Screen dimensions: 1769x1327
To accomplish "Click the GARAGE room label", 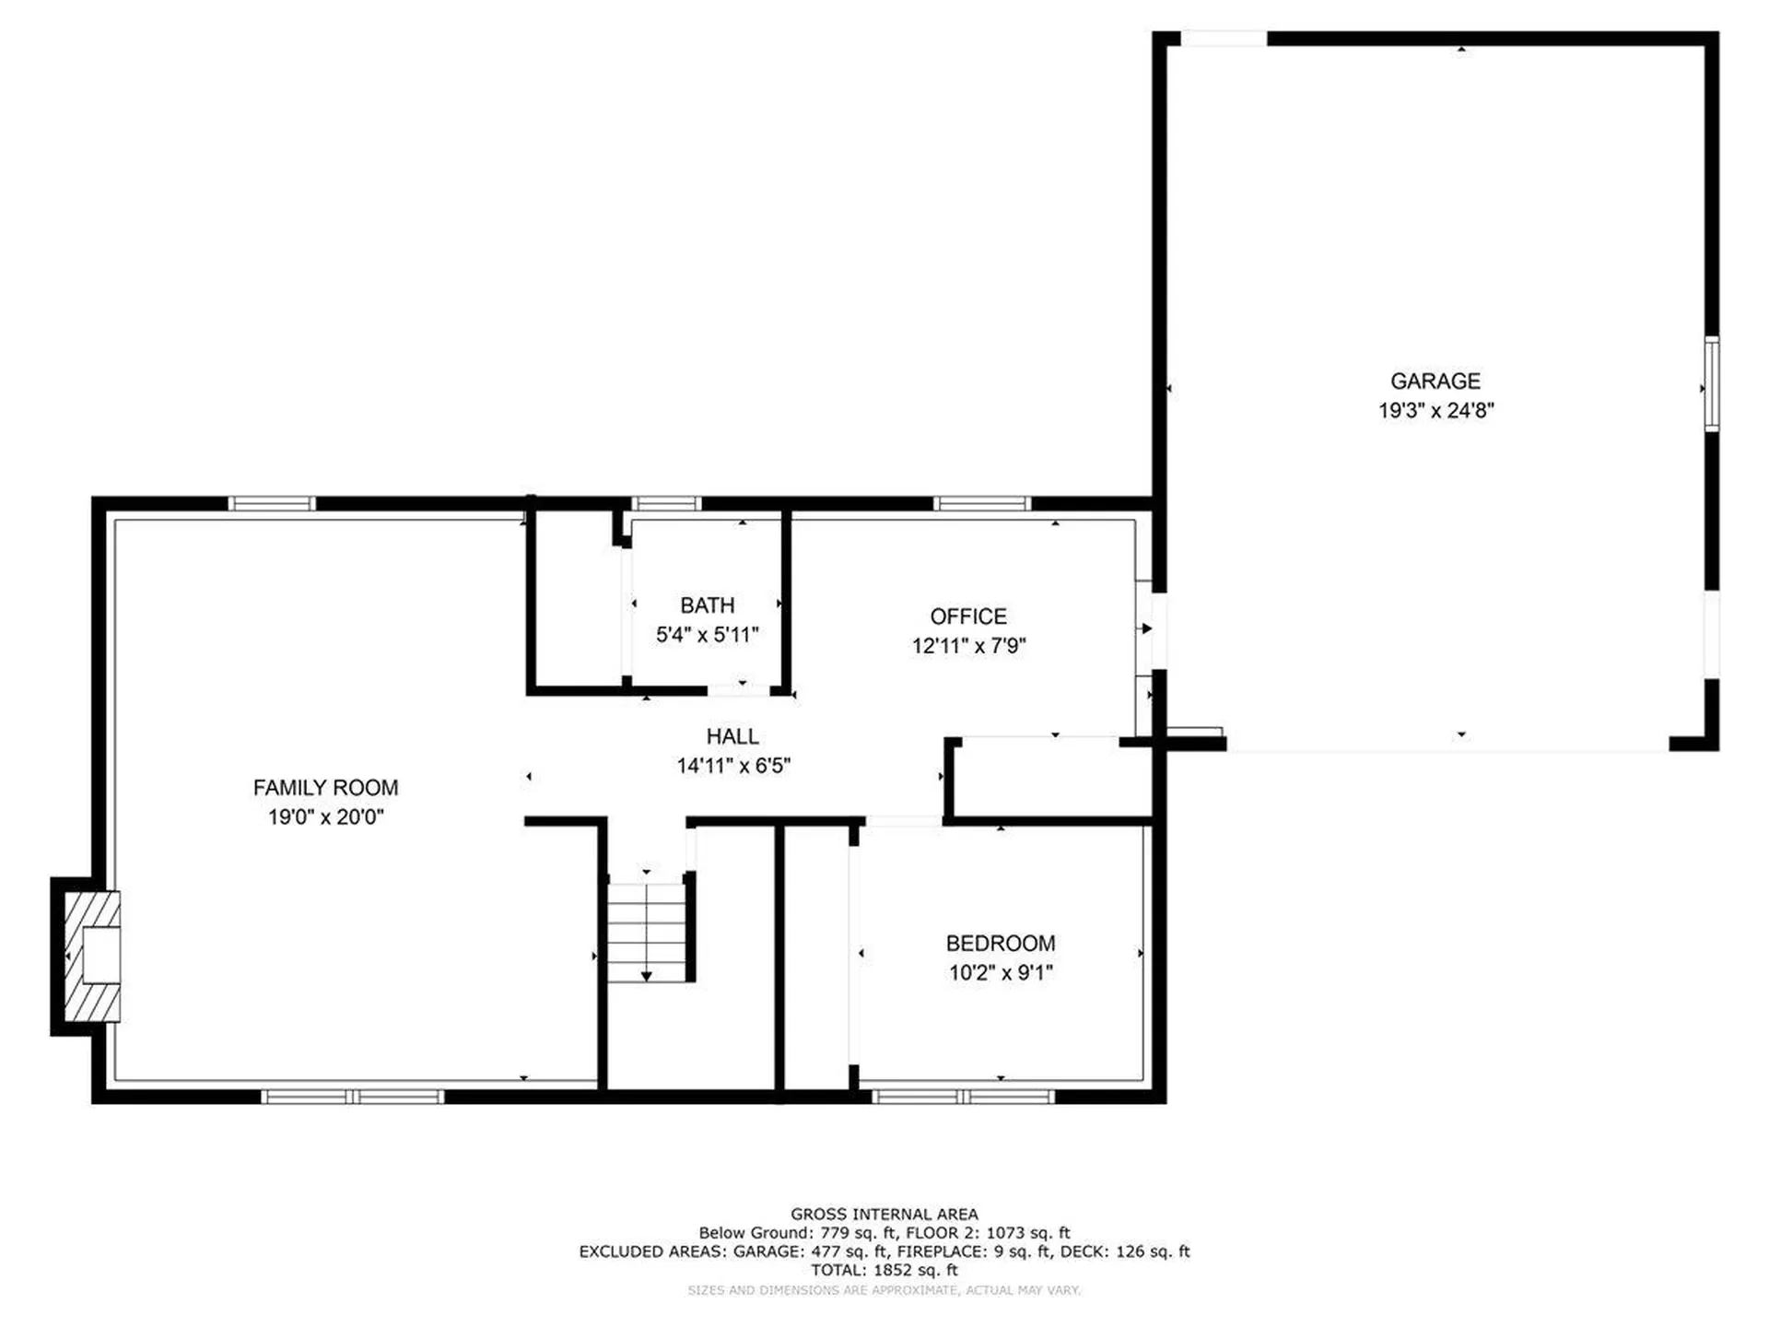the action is click(1435, 381).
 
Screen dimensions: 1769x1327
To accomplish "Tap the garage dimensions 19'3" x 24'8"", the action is click(1435, 410).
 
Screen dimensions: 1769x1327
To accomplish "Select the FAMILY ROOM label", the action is click(326, 788).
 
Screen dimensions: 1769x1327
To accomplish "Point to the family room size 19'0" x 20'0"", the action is click(326, 816).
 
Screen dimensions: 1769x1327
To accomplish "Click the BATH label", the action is click(708, 605).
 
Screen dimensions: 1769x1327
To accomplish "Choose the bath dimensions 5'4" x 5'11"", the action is click(708, 634).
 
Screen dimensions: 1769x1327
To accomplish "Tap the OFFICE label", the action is click(968, 617).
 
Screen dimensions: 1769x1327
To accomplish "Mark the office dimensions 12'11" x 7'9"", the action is click(968, 645).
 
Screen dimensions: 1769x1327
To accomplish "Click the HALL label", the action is click(732, 736).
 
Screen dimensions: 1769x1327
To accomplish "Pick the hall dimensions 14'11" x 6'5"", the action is click(733, 765).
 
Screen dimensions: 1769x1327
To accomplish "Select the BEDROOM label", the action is click(1001, 944).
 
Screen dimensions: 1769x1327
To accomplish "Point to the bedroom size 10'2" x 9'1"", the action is click(1001, 972).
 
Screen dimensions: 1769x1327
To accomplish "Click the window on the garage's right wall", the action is click(1711, 383).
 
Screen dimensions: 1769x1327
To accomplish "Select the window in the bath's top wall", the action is click(666, 503).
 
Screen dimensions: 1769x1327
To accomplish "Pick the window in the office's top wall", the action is click(981, 503).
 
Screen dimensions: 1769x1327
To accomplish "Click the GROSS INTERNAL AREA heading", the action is click(884, 1215).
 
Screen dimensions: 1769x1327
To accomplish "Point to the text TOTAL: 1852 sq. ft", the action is click(884, 1270).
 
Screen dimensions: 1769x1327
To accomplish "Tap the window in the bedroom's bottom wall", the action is click(963, 1097).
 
